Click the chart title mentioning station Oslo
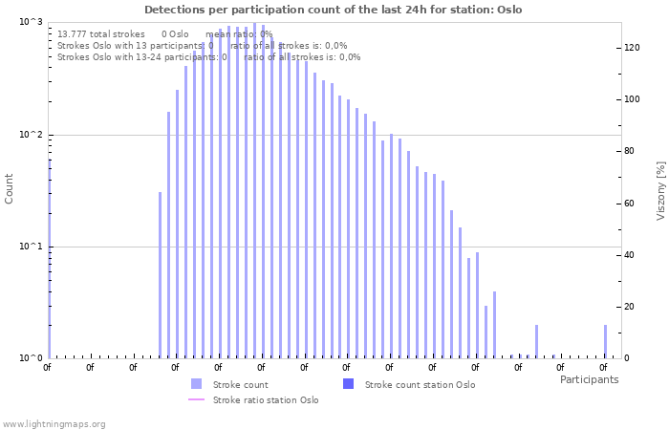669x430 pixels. pyautogui.click(x=334, y=10)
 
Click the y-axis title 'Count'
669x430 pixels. pyautogui.click(x=10, y=188)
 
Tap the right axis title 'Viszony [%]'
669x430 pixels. pyautogui.click(x=659, y=190)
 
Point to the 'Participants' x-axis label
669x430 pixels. pyautogui.click(x=589, y=379)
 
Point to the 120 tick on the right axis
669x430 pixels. pyautogui.click(x=632, y=48)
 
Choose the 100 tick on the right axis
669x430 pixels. pyautogui.click(x=632, y=99)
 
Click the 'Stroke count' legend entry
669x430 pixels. pyautogui.click(x=240, y=384)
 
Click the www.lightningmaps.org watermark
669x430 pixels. pyautogui.click(x=54, y=423)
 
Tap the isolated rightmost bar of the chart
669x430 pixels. pyautogui.click(x=605, y=341)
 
